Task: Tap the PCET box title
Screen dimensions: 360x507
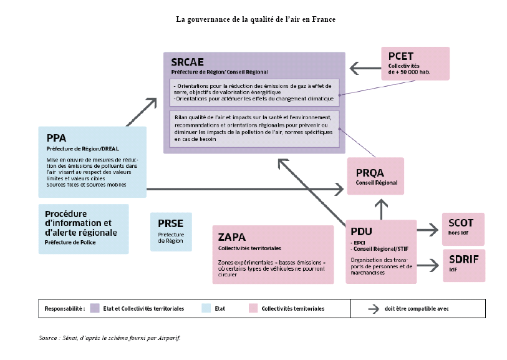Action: click(401, 56)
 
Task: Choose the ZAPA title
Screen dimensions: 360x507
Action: click(232, 237)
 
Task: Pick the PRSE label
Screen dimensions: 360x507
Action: click(170, 223)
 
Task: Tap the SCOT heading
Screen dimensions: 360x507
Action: click(461, 223)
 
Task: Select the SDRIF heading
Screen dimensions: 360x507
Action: click(463, 259)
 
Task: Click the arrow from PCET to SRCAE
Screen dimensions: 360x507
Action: click(364, 67)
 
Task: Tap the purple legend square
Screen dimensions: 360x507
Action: click(95, 308)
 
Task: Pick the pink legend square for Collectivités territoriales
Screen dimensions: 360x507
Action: click(253, 308)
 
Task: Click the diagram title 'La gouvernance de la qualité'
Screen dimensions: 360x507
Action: click(256, 19)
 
